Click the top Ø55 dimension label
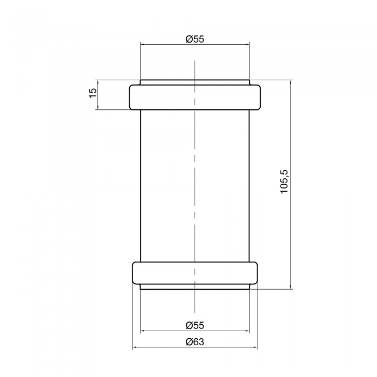click(x=195, y=39)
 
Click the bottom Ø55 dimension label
click(x=195, y=325)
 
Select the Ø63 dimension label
click(x=195, y=341)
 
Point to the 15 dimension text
click(x=93, y=93)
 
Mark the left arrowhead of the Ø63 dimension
click(x=135, y=347)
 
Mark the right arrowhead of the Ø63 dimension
click(x=255, y=347)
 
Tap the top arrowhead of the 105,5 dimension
click(x=290, y=82)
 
